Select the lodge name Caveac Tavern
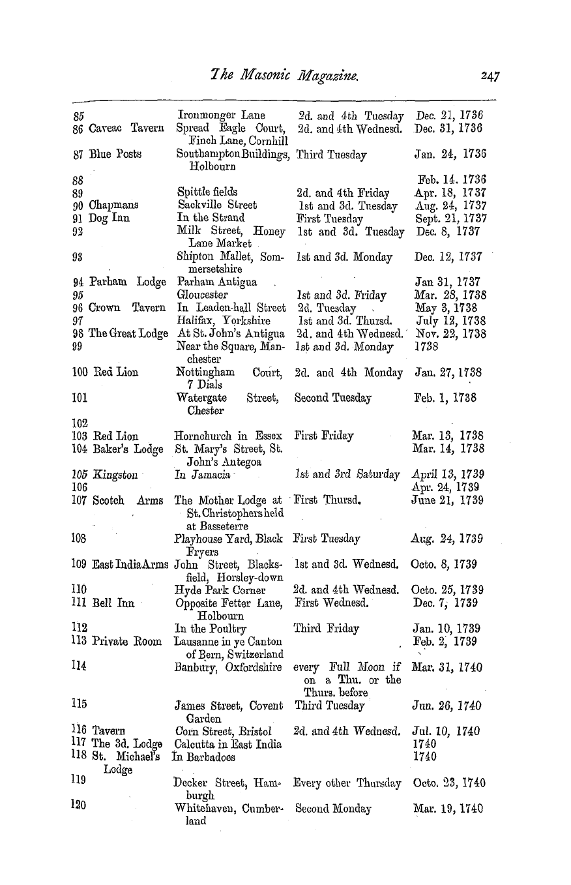pyautogui.click(x=122, y=128)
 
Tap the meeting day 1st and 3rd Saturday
pyautogui.click(x=347, y=475)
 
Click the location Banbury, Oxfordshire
pyautogui.click(x=227, y=667)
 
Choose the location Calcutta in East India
pyautogui.click(x=227, y=744)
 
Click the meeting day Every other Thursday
pyautogui.click(x=347, y=783)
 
